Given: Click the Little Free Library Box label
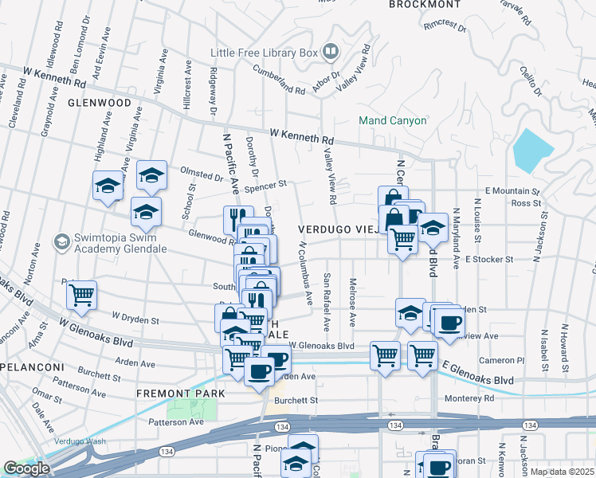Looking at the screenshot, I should [264, 53].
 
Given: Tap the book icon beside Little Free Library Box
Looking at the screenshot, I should [330, 53].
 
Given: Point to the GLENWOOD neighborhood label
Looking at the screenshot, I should [99, 103].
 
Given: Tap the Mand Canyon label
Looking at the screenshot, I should [392, 121].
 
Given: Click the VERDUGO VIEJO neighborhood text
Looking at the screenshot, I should [340, 229].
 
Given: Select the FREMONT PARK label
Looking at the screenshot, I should [181, 394].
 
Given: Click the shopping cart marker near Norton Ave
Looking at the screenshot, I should [81, 295].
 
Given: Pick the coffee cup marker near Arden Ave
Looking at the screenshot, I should [258, 370].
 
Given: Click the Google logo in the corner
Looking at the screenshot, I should [26, 468].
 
